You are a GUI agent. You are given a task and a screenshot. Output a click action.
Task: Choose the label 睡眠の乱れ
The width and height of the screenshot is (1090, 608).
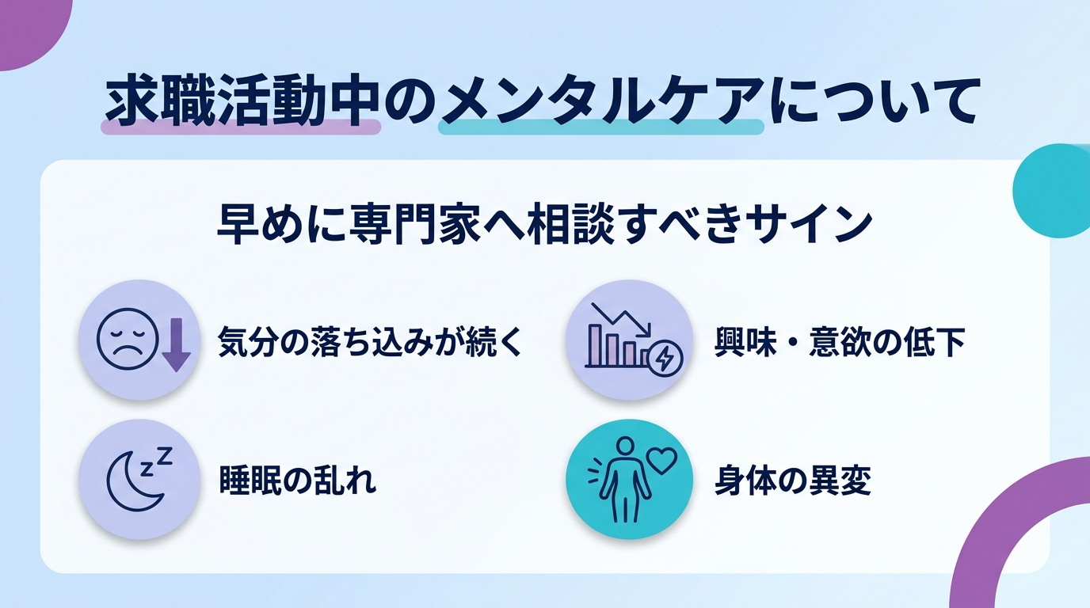pos(297,480)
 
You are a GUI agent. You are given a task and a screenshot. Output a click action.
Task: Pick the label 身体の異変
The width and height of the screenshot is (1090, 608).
pos(793,480)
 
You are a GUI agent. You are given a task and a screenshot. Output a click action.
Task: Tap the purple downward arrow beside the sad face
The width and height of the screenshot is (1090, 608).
pos(176,344)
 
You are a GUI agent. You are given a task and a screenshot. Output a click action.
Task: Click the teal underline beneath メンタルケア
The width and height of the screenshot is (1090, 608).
pos(601,127)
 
